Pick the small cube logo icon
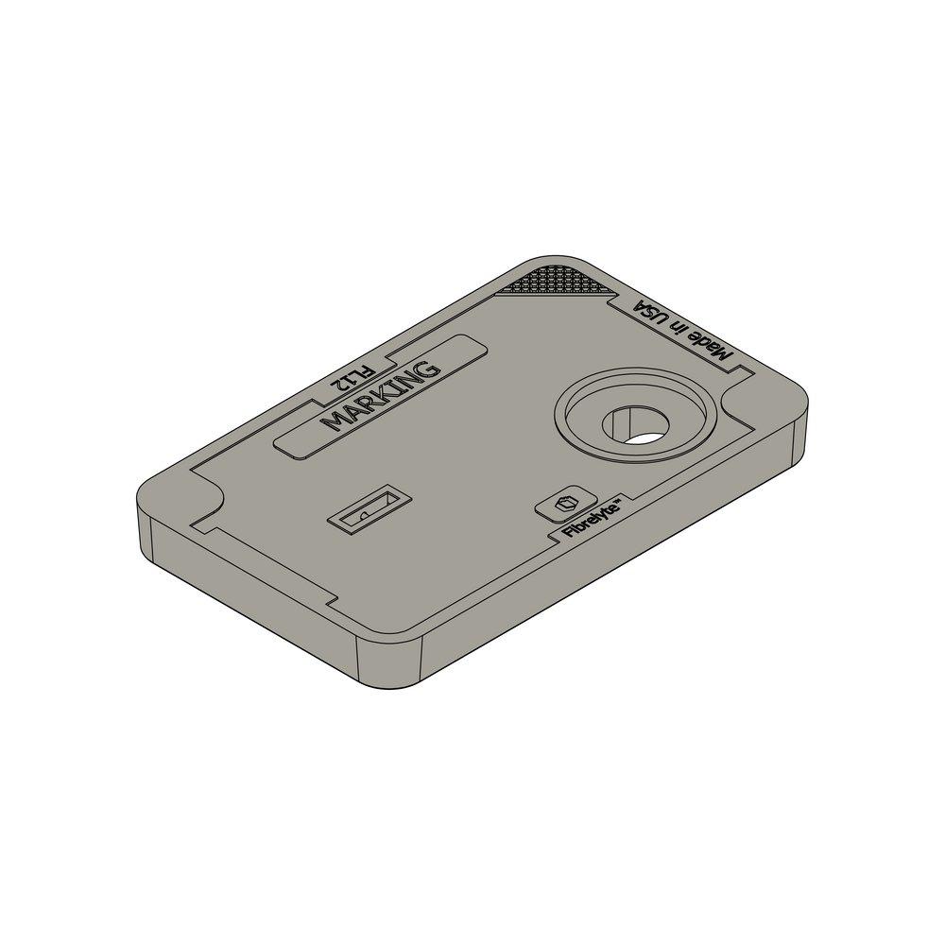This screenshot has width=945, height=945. tap(565, 504)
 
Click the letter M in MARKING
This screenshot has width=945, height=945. tap(333, 421)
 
